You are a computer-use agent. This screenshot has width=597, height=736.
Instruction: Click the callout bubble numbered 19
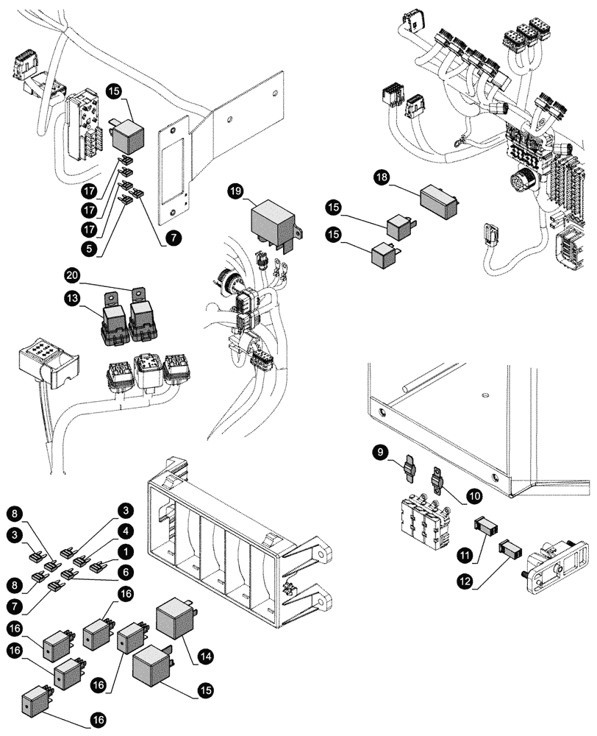coord(235,191)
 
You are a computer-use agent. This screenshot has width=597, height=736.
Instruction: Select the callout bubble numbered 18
coord(382,177)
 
